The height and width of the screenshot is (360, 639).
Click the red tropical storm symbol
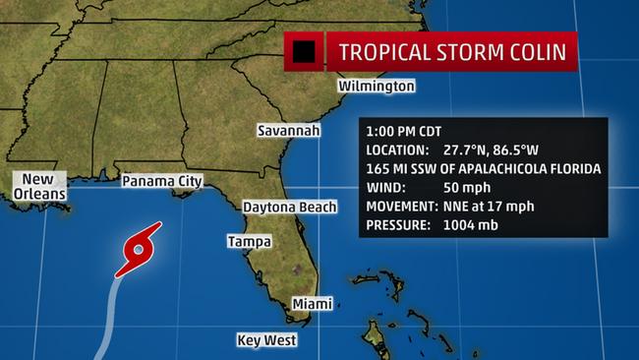point(139,250)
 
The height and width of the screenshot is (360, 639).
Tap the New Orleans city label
point(38,186)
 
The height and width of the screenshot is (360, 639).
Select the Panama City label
point(161,181)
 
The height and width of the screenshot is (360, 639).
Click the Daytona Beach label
point(290,207)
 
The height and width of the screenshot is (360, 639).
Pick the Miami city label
point(312,304)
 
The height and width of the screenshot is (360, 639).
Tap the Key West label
point(266,340)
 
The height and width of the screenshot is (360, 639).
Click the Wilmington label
point(377,87)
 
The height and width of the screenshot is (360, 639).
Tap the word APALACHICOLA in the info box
point(497,169)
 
